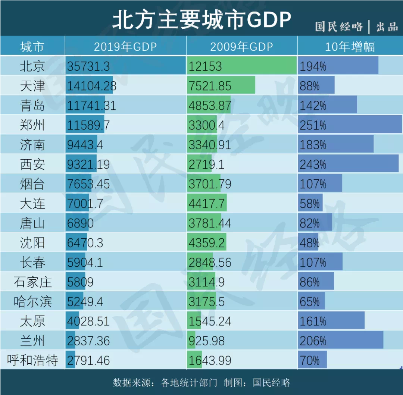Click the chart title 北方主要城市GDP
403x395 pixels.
pyautogui.click(x=201, y=19)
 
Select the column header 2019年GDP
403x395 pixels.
pyautogui.click(x=125, y=46)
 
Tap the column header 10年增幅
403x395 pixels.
pyautogui.click(x=350, y=46)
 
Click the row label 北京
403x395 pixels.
pyautogui.click(x=32, y=66)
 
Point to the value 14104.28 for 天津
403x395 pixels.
pyautogui.click(x=92, y=86)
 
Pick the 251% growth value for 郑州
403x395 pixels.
pyautogui.click(x=313, y=125)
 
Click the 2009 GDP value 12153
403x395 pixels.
pyautogui.click(x=205, y=66)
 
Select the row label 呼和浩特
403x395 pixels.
pyautogui.click(x=32, y=361)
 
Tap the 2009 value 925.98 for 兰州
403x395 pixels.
pyautogui.click(x=210, y=341)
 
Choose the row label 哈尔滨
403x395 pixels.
pyautogui.click(x=32, y=302)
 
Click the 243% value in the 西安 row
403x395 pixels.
pyautogui.click(x=313, y=164)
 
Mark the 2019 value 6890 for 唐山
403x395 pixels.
pyautogui.click(x=80, y=223)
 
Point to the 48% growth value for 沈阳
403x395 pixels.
pyautogui.click(x=309, y=243)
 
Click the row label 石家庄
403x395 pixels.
pyautogui.click(x=32, y=282)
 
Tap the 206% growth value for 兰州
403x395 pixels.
pyautogui.click(x=313, y=341)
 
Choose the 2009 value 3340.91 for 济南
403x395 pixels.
pyautogui.click(x=210, y=145)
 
